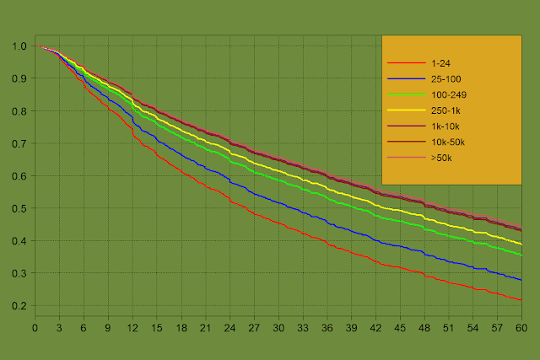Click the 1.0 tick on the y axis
pyautogui.click(x=19, y=46)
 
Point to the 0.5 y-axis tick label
pyautogui.click(x=19, y=208)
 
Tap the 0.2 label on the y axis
pyautogui.click(x=19, y=306)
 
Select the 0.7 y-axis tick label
pyautogui.click(x=19, y=143)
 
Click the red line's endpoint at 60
pyautogui.click(x=521, y=300)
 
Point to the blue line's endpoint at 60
pyautogui.click(x=521, y=280)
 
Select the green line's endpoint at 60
pyautogui.click(x=521, y=255)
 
